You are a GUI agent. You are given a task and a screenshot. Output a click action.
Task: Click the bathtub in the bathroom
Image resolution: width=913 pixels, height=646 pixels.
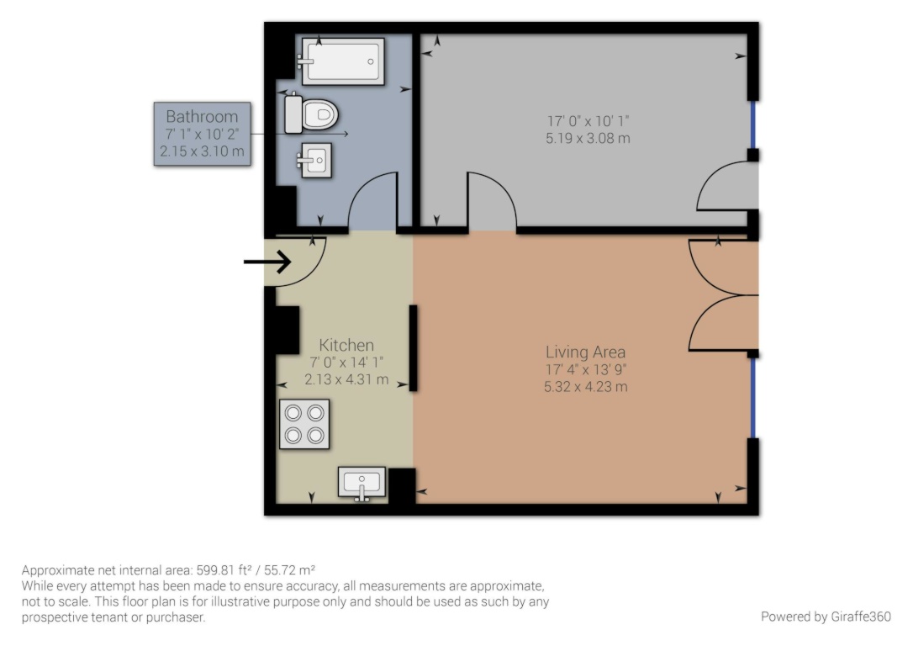coord(342,61)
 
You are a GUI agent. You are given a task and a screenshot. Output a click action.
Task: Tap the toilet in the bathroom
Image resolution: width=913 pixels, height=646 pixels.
coord(312,114)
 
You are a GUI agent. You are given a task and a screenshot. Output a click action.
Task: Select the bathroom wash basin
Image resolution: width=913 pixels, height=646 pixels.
coord(315,160)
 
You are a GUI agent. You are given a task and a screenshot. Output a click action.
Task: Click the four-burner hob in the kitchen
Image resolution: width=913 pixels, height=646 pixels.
coord(304,424)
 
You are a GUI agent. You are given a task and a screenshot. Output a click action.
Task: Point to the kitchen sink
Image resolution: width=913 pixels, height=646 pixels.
coord(362,483)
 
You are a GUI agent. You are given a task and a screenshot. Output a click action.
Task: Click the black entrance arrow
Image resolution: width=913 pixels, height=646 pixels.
coord(267,262)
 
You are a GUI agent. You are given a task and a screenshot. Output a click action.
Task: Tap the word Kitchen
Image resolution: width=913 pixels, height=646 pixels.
coord(346,345)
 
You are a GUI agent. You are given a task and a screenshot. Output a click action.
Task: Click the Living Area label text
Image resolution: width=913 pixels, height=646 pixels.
coord(586,352)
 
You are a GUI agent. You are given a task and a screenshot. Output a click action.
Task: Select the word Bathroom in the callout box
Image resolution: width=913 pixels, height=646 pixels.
coord(202,117)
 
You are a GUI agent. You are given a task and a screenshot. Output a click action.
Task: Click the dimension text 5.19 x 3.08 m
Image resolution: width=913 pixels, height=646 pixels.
coord(588,138)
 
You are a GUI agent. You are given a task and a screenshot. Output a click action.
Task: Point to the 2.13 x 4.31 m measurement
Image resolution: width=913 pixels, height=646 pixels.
coord(346,379)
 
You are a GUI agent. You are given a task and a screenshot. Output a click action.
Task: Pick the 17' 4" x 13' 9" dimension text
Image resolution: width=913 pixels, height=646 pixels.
coord(586,369)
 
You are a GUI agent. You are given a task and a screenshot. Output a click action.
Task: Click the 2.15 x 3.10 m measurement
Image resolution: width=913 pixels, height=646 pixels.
coord(202,151)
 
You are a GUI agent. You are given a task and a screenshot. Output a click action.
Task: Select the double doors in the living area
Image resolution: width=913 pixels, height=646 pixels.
coord(722,295)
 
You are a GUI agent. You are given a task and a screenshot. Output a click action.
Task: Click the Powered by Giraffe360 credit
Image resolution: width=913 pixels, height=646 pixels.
coord(826,617)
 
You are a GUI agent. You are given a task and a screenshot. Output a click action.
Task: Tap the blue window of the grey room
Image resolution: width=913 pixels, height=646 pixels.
coord(753,124)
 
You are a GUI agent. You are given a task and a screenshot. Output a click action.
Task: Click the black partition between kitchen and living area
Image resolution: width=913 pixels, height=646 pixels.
coord(414,347)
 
